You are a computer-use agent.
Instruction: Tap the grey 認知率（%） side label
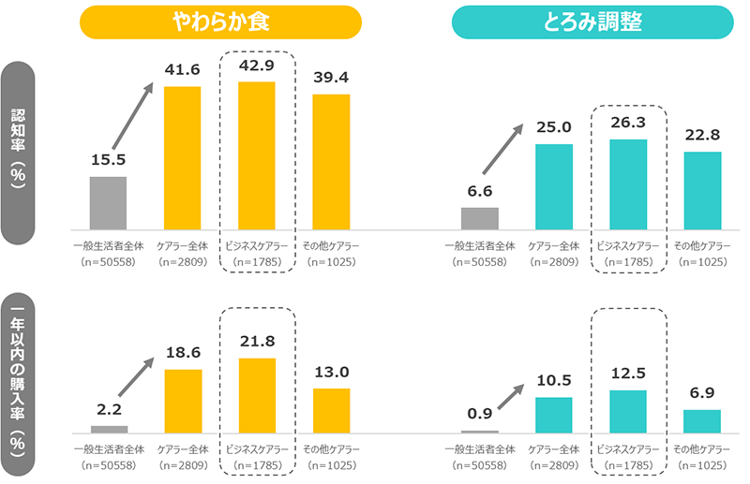pos(20,154)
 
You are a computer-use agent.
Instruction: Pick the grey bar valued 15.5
pos(108,202)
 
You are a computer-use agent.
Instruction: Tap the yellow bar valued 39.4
pos(331,161)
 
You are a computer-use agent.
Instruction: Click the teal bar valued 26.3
pos(628,183)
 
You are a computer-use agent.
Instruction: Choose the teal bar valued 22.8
pos(702,190)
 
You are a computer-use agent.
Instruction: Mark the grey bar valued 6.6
pos(480,218)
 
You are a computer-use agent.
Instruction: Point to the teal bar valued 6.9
pos(702,421)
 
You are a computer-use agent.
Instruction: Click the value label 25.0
pos(554,127)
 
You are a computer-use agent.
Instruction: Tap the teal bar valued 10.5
pos(554,415)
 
